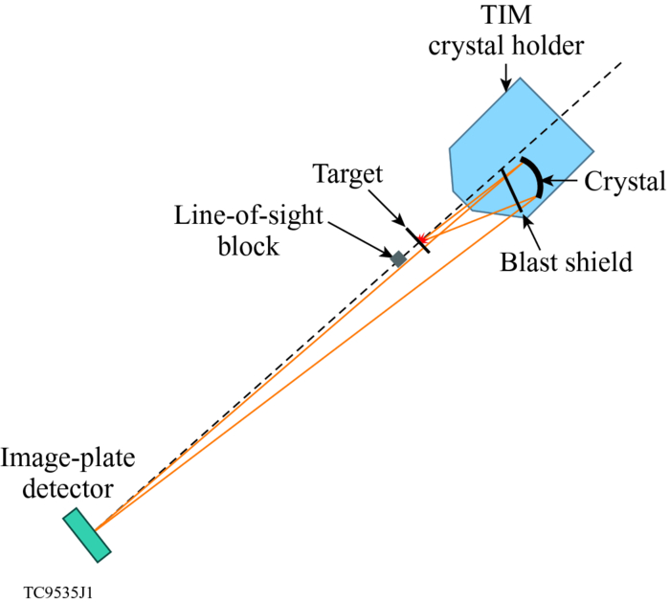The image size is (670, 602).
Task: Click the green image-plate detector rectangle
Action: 87,534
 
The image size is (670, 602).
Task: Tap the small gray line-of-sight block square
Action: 398,257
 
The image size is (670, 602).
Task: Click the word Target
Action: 346,174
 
